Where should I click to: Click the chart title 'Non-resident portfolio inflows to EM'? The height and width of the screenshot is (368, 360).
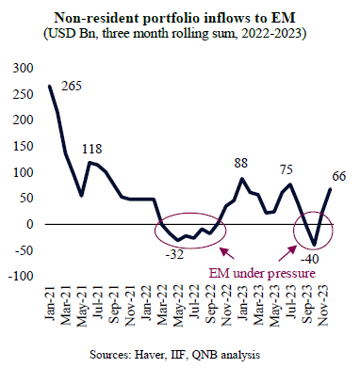tap(175, 18)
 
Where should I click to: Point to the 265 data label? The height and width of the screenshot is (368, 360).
tap(72, 86)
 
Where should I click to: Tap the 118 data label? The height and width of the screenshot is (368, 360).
tap(92, 149)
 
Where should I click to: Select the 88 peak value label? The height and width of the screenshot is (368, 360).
tap(241, 163)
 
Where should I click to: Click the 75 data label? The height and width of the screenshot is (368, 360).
tap(286, 169)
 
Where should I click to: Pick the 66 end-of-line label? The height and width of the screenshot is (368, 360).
tap(339, 176)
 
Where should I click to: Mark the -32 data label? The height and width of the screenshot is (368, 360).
tap(174, 254)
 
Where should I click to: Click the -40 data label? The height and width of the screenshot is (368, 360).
tap(309, 259)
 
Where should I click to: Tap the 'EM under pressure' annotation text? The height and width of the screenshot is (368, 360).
tap(262, 273)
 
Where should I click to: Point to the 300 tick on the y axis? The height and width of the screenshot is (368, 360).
tap(23, 68)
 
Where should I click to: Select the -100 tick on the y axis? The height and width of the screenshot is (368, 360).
tap(20, 277)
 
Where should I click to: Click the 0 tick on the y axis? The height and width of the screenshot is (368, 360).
tap(30, 224)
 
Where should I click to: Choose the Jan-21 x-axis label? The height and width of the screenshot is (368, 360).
tap(50, 303)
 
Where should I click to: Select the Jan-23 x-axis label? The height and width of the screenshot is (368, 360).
tap(242, 303)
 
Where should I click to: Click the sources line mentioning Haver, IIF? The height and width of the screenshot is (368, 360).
tap(175, 355)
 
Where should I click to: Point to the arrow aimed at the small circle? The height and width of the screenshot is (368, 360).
tap(287, 253)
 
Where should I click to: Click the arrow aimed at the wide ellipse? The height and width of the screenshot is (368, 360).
tap(226, 253)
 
